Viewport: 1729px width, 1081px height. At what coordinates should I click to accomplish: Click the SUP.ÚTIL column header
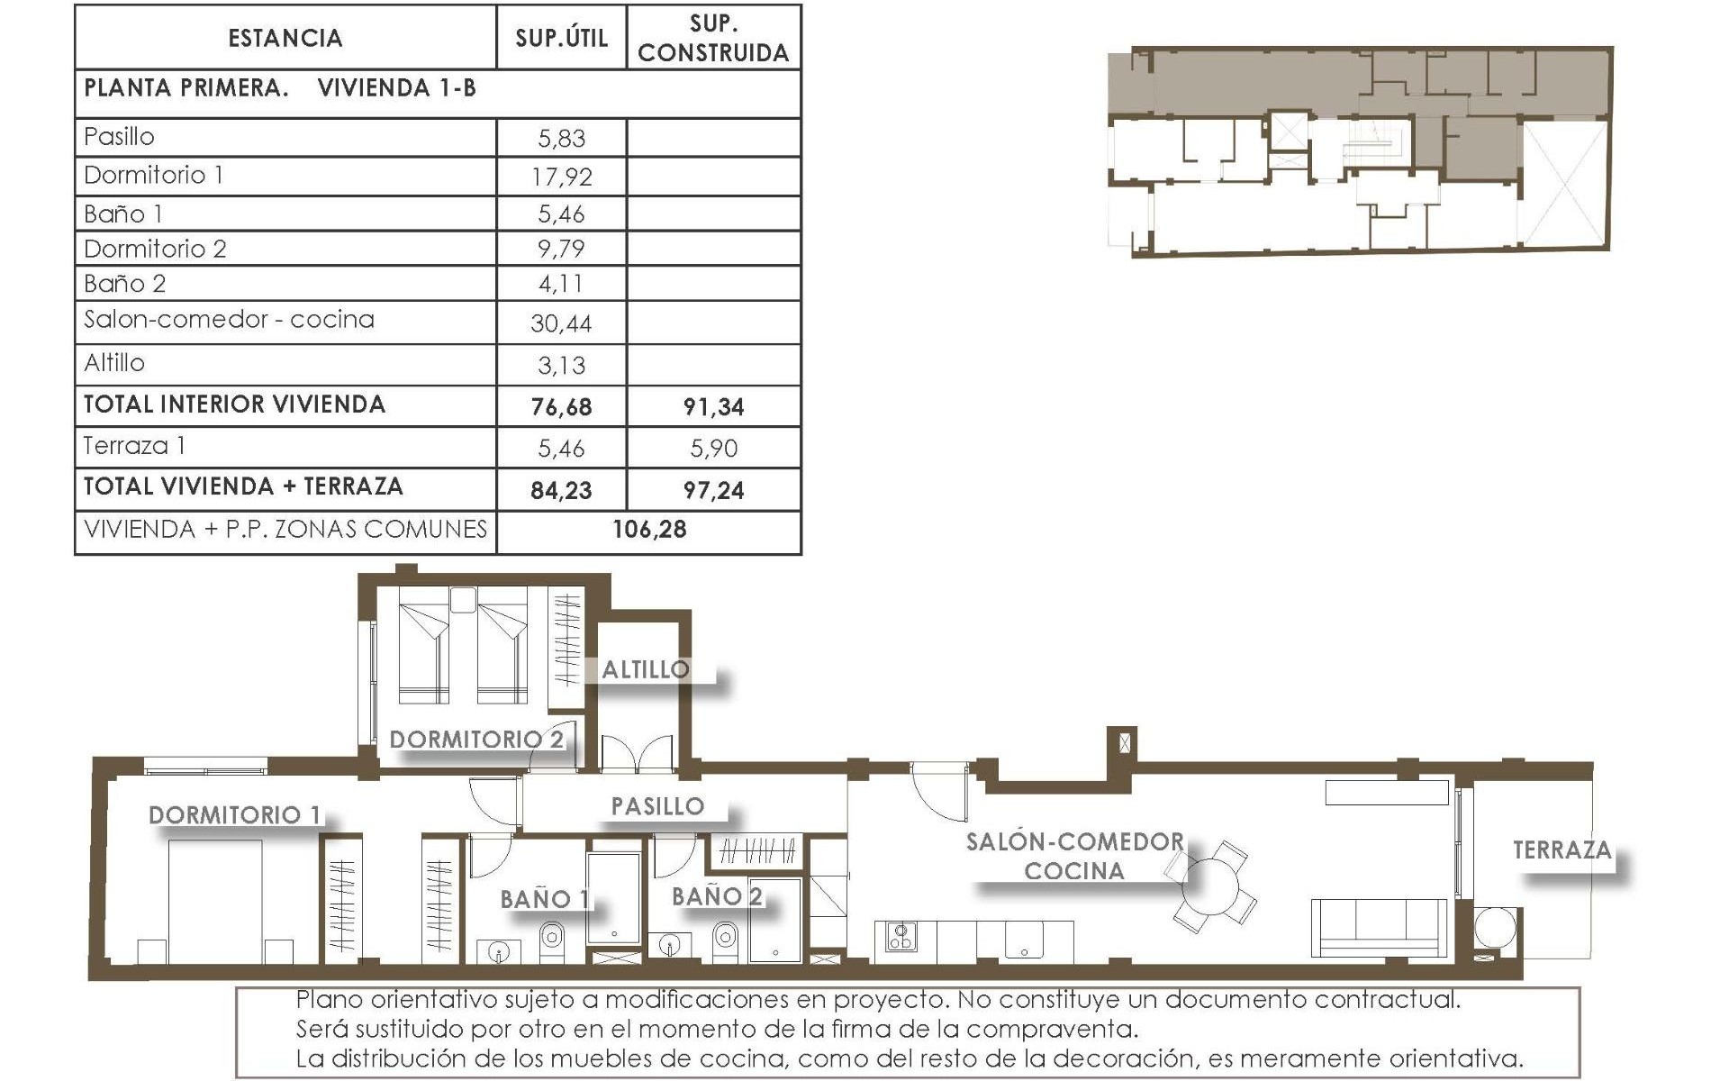pyautogui.click(x=561, y=38)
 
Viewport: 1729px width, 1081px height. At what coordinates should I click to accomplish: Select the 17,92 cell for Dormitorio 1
pyautogui.click(x=561, y=177)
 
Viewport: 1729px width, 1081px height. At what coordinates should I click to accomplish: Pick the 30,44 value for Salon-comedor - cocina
pyautogui.click(x=561, y=323)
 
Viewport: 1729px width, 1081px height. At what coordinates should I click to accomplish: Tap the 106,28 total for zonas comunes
pyautogui.click(x=649, y=530)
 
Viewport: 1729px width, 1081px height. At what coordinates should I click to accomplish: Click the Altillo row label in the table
pyautogui.click(x=114, y=363)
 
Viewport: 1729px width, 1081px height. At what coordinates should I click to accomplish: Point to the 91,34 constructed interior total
pyautogui.click(x=713, y=407)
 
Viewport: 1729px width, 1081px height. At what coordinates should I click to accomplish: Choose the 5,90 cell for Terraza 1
pyautogui.click(x=713, y=449)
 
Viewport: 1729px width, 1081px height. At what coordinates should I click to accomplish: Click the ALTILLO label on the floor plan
pyautogui.click(x=646, y=669)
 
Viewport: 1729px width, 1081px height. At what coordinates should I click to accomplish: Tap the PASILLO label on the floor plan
pyautogui.click(x=657, y=806)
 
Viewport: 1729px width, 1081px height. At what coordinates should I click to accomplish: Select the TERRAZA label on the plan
pyautogui.click(x=1562, y=849)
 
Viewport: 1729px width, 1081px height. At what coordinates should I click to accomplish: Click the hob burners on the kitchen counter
pyautogui.click(x=901, y=937)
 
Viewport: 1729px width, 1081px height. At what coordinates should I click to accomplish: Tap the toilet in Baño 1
pyautogui.click(x=552, y=939)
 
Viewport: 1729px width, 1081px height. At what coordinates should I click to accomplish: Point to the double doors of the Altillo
pyautogui.click(x=637, y=755)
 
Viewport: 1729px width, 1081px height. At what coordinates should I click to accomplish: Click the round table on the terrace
pyautogui.click(x=1495, y=928)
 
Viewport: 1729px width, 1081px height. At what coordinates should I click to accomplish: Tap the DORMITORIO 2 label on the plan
pyautogui.click(x=476, y=740)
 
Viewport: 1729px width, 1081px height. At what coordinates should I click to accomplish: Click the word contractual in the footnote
pyautogui.click(x=1387, y=1000)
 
